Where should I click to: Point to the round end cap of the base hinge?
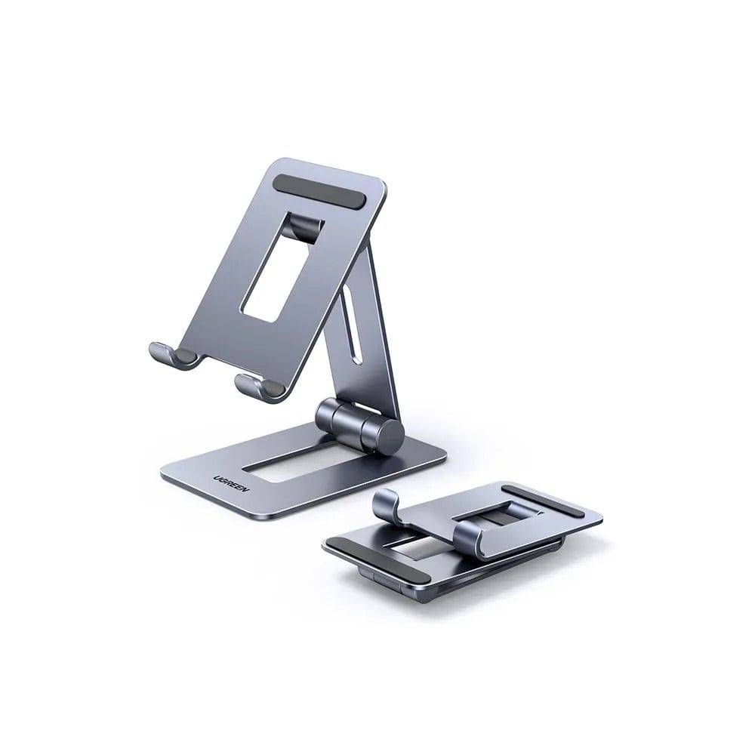[390, 436]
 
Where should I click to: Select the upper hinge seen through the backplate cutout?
[307, 227]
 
